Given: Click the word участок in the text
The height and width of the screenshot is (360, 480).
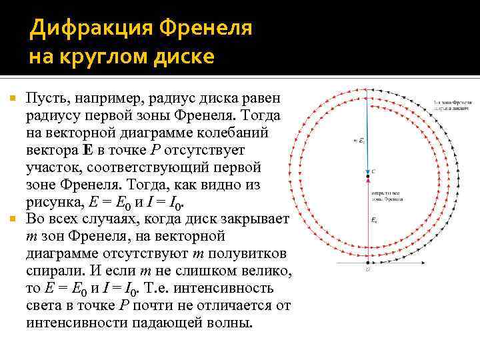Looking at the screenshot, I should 50,167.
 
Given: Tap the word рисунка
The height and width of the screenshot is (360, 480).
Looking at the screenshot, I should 53,202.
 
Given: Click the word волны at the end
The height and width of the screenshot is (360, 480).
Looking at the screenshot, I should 230,323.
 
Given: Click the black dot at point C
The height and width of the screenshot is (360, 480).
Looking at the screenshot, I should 367,177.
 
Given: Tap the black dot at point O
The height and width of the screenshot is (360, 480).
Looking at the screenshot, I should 367,262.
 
